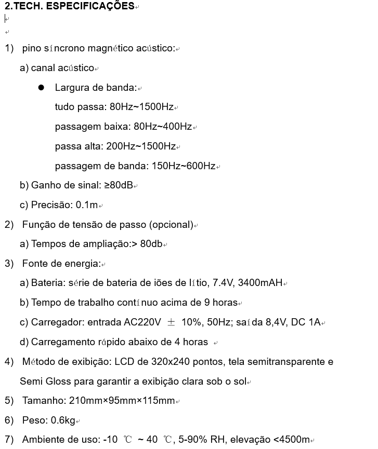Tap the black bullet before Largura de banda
(x=41, y=88)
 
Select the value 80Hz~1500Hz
(x=141, y=107)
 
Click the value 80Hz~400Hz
(x=163, y=127)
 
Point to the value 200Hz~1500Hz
(x=141, y=147)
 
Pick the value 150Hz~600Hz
(x=183, y=167)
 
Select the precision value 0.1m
(x=87, y=205)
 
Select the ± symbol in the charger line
(x=171, y=322)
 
